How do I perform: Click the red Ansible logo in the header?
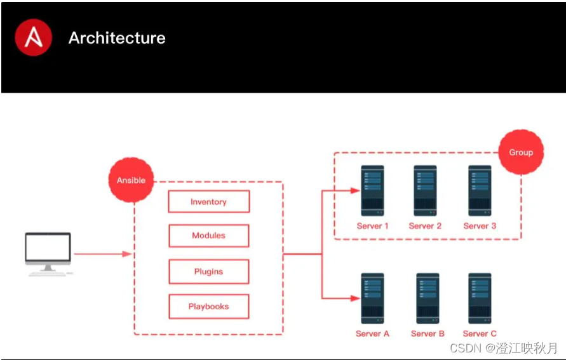[34, 37]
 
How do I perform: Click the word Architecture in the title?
[117, 38]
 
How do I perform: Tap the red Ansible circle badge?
[131, 180]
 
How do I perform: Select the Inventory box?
[208, 202]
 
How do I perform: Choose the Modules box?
[208, 236]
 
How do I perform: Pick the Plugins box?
[208, 272]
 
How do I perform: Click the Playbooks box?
[208, 307]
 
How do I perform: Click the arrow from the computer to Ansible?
[102, 254]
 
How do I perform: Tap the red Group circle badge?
[521, 152]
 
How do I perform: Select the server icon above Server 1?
[372, 190]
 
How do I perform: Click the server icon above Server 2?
[425, 190]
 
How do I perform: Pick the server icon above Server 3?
[480, 190]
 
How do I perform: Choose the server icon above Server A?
[372, 298]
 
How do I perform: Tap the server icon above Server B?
[428, 298]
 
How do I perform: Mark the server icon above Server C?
[480, 298]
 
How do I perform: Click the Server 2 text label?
[425, 226]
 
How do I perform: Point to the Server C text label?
[480, 334]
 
